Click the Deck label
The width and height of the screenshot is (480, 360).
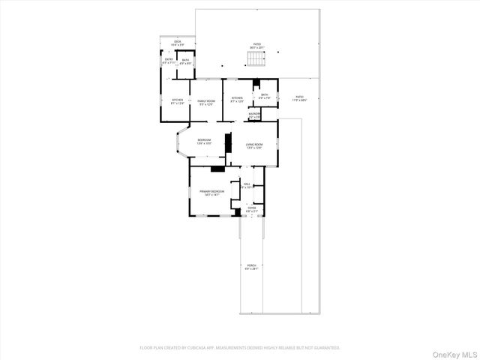[178, 43]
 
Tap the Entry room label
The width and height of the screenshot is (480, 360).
[169, 60]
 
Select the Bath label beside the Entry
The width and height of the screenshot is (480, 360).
[185, 60]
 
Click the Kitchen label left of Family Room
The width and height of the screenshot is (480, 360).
[178, 101]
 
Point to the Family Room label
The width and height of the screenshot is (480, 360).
[206, 102]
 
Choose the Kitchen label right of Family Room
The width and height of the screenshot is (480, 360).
[237, 99]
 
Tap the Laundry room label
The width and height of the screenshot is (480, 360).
[255, 115]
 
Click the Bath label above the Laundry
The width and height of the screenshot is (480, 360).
[265, 96]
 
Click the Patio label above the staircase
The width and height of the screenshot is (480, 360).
[256, 46]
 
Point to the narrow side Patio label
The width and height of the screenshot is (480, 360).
[299, 98]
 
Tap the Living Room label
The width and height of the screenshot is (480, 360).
[253, 146]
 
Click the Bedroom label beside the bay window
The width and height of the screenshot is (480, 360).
[205, 141]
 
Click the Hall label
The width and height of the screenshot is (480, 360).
[247, 186]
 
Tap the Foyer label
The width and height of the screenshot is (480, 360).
[252, 209]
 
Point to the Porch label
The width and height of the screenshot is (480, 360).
[250, 267]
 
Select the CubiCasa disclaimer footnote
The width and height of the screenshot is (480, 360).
[240, 348]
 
